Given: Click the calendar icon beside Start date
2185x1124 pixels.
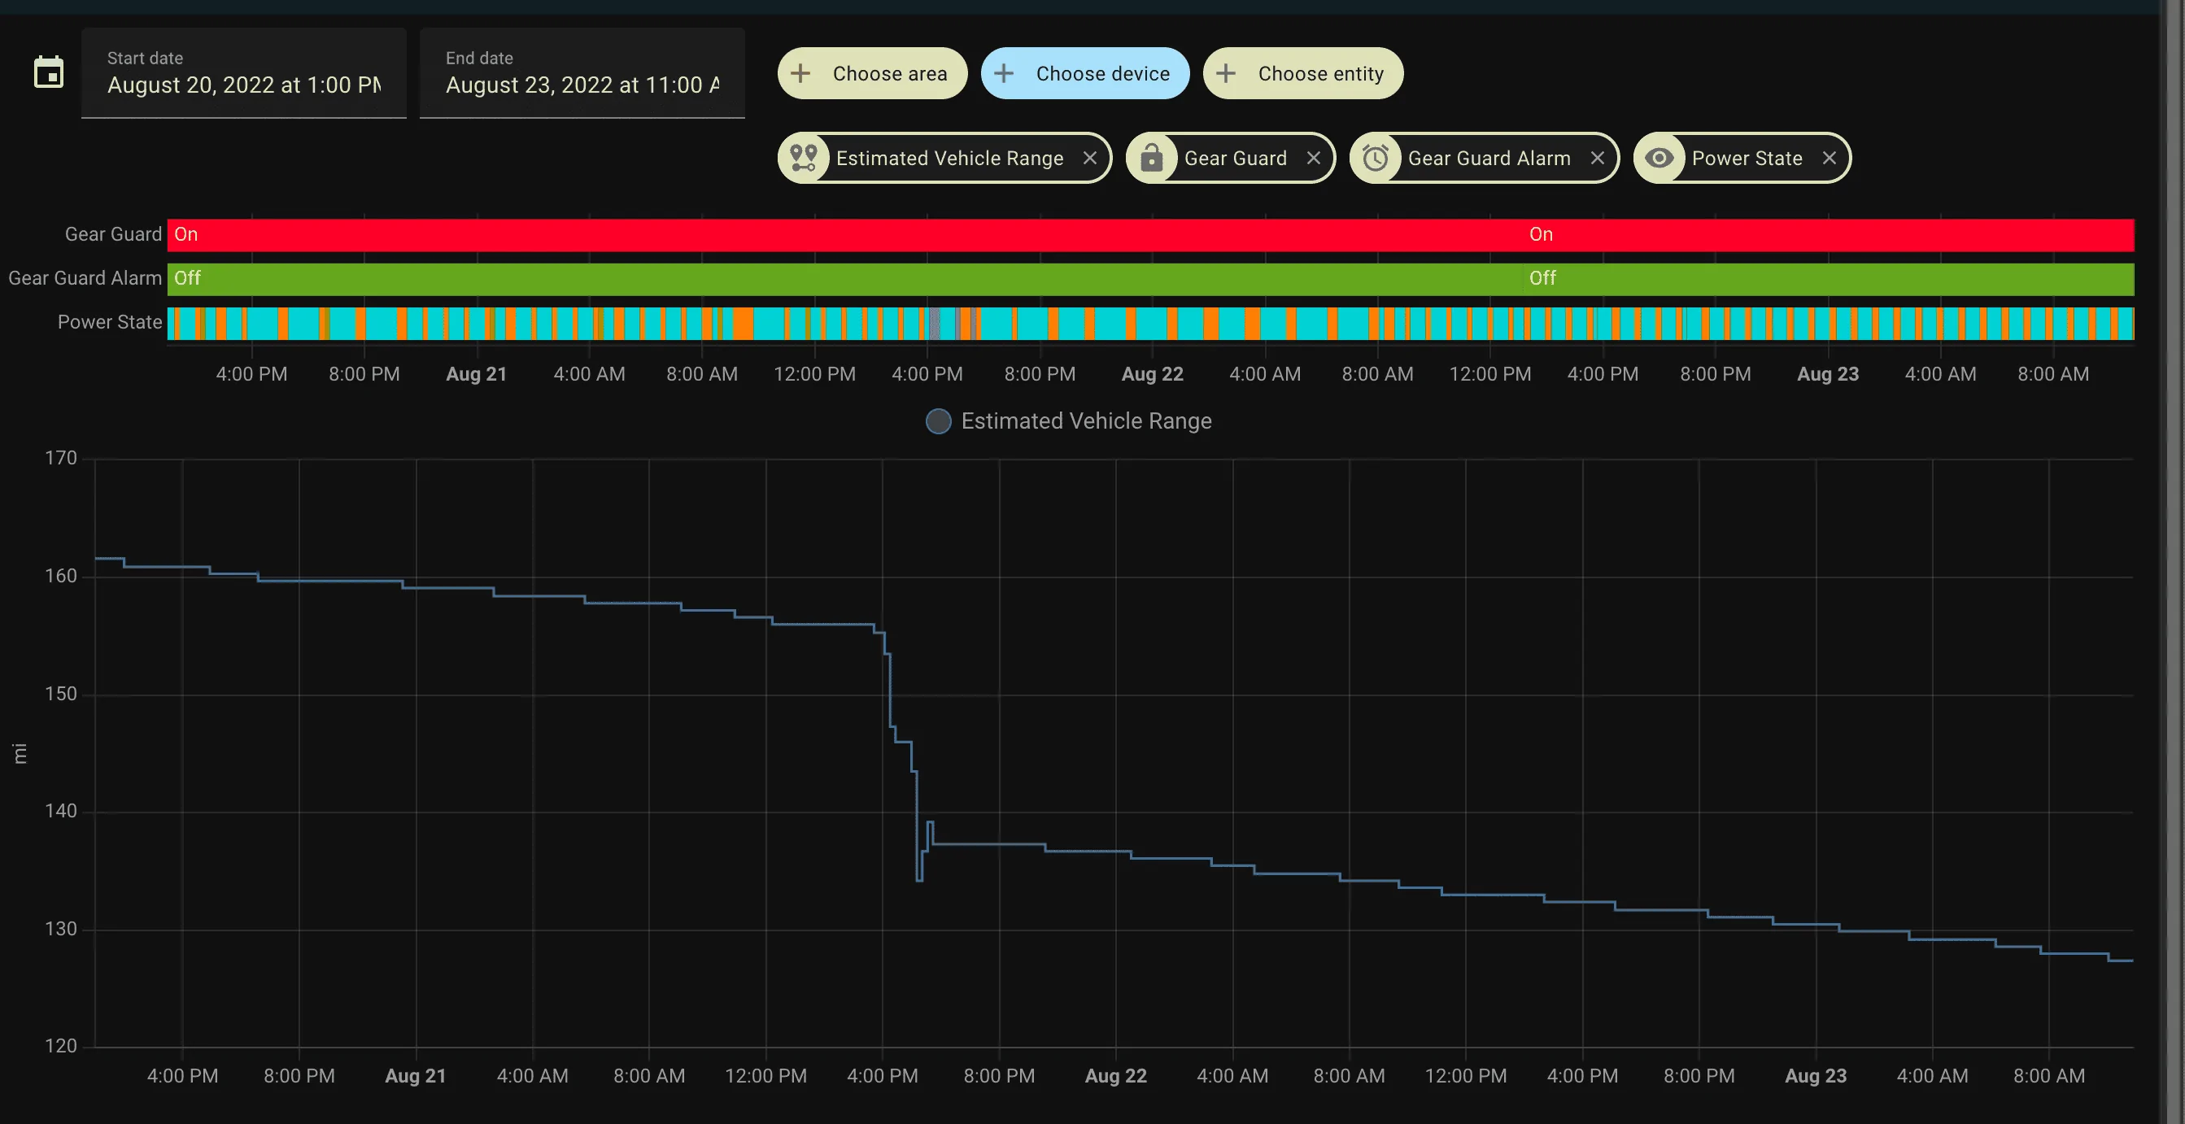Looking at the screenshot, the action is (x=48, y=72).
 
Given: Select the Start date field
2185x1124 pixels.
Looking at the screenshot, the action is (x=244, y=73).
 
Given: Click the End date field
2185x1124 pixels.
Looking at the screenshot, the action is (x=582, y=73).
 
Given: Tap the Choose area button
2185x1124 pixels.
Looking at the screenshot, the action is (x=872, y=74).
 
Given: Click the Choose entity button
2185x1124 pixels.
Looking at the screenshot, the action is (x=1303, y=74).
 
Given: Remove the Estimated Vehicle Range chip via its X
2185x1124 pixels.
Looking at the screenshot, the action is (x=1090, y=158).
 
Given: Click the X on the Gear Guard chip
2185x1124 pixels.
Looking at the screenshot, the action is (x=1314, y=158).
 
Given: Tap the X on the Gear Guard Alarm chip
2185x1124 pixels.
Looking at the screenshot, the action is (x=1597, y=158).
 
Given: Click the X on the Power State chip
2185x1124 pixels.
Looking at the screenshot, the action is (x=1830, y=158).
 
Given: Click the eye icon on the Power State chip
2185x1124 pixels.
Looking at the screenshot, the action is (x=1659, y=158).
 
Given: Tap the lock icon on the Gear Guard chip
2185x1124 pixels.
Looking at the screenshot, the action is (x=1152, y=158).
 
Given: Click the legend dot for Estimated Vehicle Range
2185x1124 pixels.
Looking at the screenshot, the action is (x=938, y=421).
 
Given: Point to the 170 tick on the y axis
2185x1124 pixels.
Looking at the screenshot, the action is (x=61, y=458).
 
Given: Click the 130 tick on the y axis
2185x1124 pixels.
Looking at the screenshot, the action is (x=61, y=929).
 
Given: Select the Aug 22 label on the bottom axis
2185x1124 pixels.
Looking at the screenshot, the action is (x=1115, y=1076).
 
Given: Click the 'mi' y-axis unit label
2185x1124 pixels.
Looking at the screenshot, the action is (x=20, y=753).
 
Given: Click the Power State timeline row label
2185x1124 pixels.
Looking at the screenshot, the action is (x=110, y=322).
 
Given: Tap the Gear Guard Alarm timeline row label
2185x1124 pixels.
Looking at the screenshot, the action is (x=85, y=278).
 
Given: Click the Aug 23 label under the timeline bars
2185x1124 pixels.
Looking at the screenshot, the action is (x=1828, y=374).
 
